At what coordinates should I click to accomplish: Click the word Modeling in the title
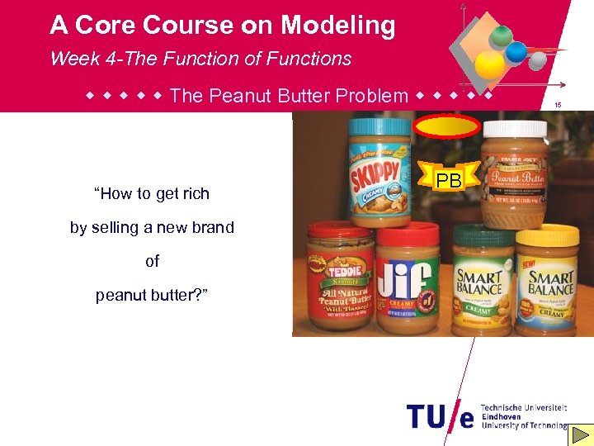337,26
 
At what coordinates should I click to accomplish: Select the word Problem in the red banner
370,96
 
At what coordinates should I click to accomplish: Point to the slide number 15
558,105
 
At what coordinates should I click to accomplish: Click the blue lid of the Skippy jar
378,128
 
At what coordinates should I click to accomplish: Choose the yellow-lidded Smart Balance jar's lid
546,235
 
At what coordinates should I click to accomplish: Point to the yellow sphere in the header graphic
492,64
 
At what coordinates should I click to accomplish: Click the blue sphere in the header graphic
517,52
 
